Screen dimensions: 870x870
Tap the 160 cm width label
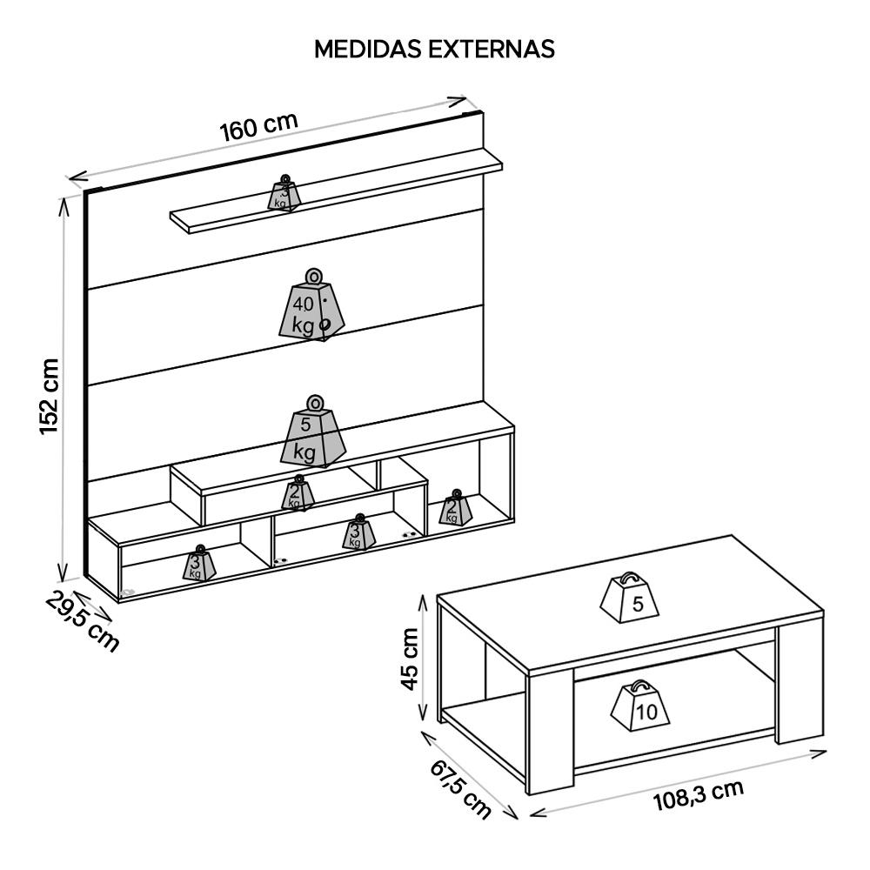point(258,128)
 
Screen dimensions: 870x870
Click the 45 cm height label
point(409,659)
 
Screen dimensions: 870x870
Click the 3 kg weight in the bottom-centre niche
point(357,533)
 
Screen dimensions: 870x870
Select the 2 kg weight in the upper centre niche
point(298,495)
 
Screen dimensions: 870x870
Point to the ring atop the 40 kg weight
point(313,276)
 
